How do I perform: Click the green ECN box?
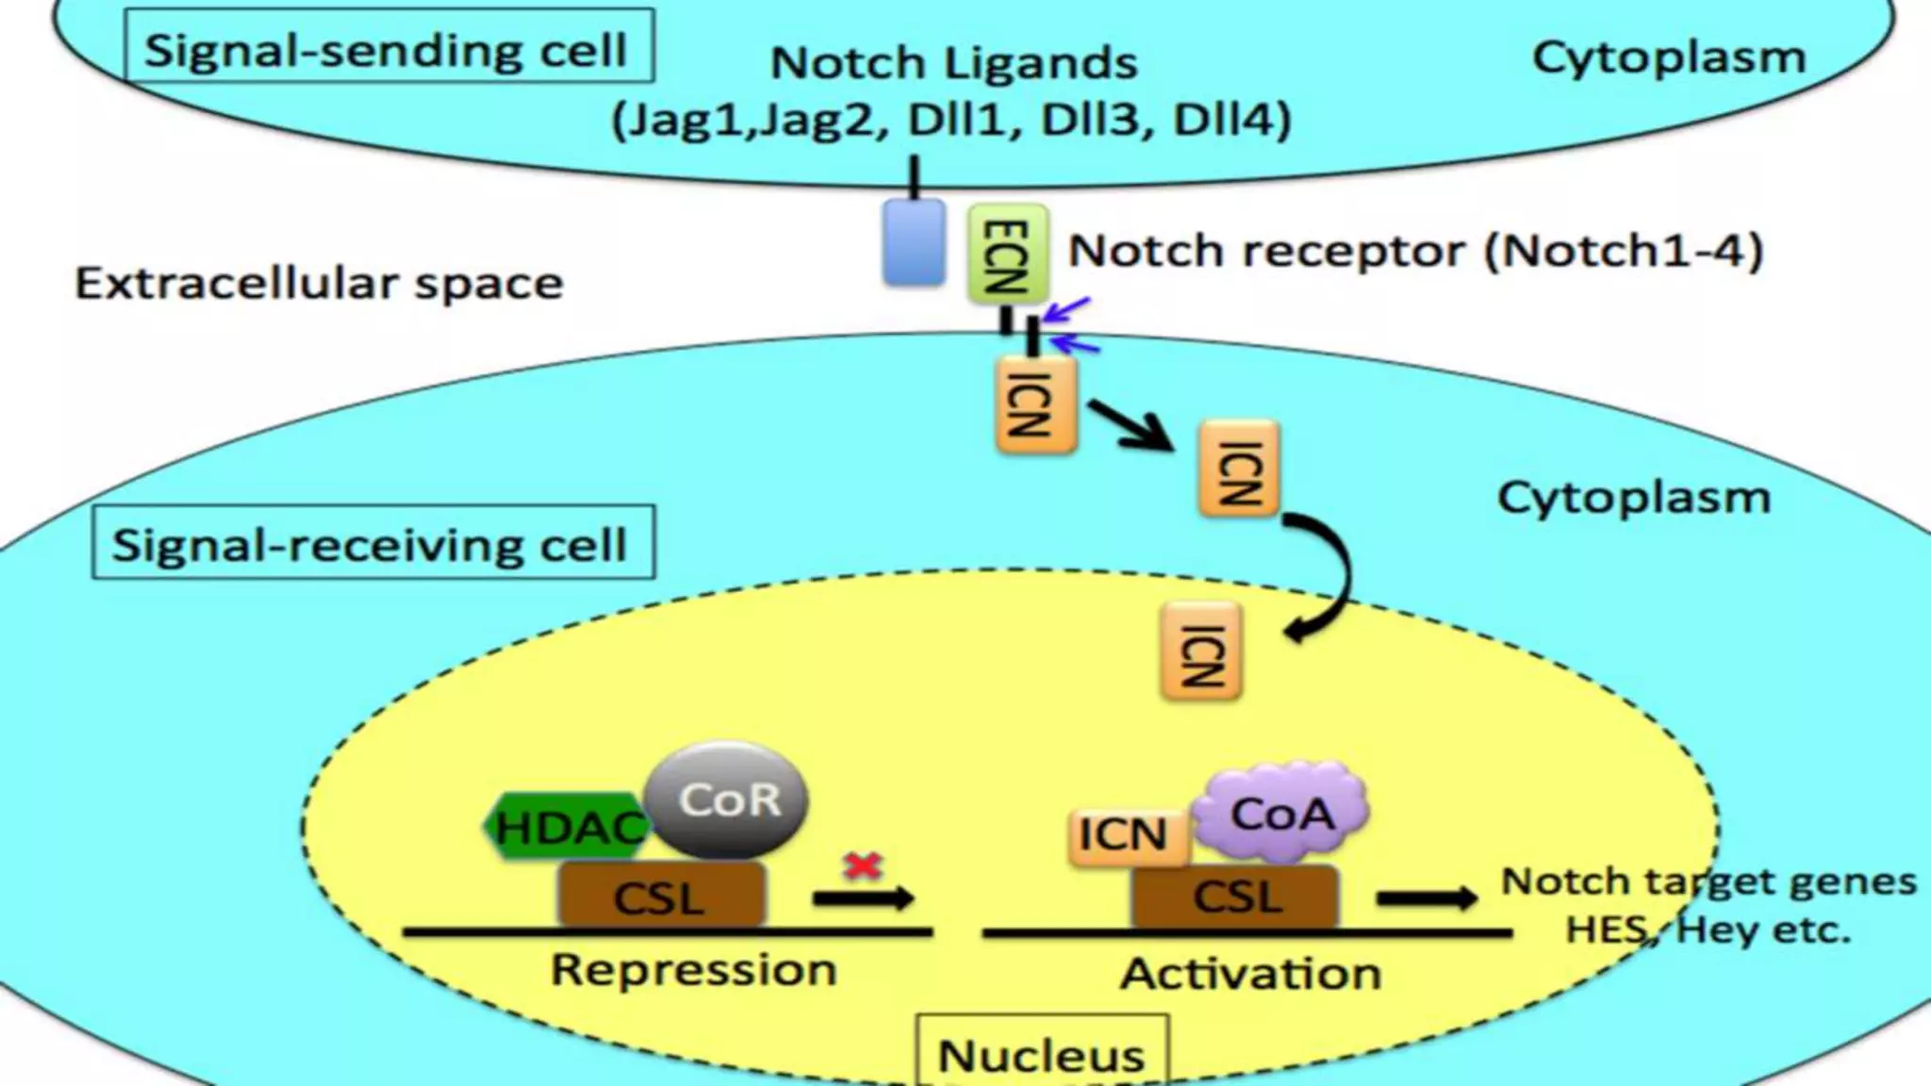coord(1007,254)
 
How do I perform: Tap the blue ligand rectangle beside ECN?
coord(914,242)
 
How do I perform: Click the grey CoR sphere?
coord(728,799)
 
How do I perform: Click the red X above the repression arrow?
coord(863,864)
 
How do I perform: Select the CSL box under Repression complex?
coord(661,896)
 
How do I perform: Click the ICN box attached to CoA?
coord(1127,835)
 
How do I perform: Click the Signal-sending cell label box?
coord(388,47)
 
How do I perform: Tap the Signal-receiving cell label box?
coord(373,543)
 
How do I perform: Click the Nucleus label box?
coord(1042,1052)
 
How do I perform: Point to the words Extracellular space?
coord(319,283)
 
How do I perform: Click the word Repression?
coord(693,970)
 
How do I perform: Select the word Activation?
coord(1250,974)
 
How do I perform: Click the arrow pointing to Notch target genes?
coord(1426,897)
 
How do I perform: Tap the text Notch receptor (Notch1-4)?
coord(1414,251)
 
